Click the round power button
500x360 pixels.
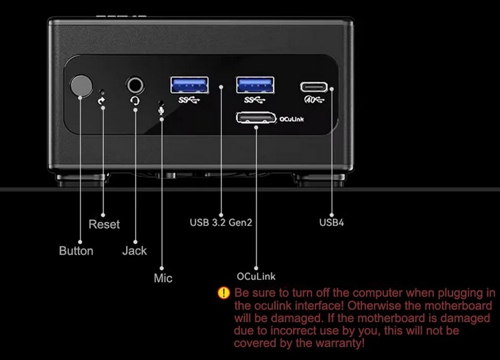coord(81,86)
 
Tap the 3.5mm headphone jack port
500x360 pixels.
coord(135,85)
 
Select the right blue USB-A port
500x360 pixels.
coord(254,85)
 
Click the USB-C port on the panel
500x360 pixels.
coord(315,87)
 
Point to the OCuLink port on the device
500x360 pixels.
coord(255,119)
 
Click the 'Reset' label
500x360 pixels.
coord(104,225)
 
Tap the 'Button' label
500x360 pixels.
coord(76,251)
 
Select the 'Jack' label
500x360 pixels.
coord(134,251)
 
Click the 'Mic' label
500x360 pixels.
coord(163,278)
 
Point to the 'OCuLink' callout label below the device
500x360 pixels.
coord(256,275)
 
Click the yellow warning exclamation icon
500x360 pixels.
coord(224,293)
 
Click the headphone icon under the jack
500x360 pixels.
coord(135,101)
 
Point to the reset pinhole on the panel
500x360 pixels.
coord(101,93)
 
